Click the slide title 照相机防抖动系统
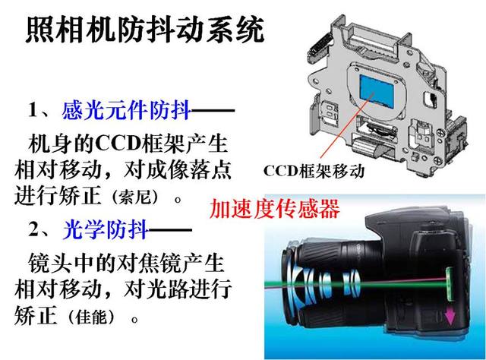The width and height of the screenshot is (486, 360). pos(145,30)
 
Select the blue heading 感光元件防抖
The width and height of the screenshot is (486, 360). pos(126,110)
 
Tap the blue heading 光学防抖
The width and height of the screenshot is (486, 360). pos(105,230)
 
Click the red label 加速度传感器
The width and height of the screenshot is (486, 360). pos(275,209)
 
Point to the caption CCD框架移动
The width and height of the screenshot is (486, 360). pos(314,171)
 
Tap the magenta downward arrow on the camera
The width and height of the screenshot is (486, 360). pos(450,316)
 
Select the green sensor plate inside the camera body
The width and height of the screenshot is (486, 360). pos(450,285)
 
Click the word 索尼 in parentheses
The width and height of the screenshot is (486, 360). pos(134,197)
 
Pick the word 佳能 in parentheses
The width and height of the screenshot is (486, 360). pos(91,317)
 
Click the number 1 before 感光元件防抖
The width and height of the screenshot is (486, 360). pos(33,109)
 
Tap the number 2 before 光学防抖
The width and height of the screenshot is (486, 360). pos(33,229)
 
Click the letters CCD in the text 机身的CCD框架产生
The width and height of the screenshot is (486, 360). pos(118,144)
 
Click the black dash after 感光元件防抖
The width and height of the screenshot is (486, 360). pos(213,110)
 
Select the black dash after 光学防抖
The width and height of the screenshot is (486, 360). pos(170,230)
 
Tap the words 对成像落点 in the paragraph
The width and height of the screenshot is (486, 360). pos(178,170)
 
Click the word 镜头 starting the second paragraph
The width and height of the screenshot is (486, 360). pos(49,263)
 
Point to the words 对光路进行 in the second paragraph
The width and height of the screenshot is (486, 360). pos(178,289)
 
